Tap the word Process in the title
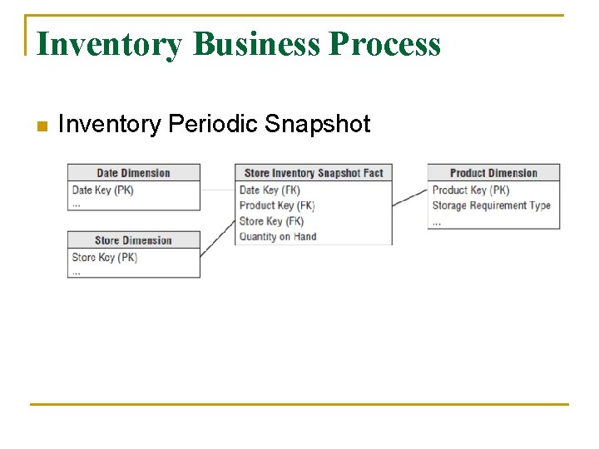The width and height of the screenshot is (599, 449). (x=384, y=43)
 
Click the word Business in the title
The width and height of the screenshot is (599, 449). (x=255, y=43)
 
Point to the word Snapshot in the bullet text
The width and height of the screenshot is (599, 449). (x=317, y=125)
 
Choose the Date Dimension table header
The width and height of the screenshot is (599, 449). (x=133, y=173)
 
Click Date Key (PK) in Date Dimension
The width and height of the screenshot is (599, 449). (x=102, y=190)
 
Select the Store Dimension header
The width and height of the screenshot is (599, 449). (x=133, y=240)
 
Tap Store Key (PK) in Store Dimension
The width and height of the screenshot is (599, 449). (x=104, y=258)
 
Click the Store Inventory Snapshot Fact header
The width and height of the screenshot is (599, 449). (x=314, y=173)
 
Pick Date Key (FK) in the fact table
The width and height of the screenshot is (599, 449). (x=269, y=190)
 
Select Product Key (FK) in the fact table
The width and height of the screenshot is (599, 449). (x=276, y=205)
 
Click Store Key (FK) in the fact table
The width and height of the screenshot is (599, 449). (x=271, y=221)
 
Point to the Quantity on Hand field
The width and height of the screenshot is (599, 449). (x=277, y=237)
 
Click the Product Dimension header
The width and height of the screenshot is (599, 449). (x=493, y=173)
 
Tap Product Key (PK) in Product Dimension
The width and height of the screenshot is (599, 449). (x=470, y=190)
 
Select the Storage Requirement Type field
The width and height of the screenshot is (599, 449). (x=491, y=205)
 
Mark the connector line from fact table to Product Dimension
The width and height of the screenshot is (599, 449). (x=409, y=198)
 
